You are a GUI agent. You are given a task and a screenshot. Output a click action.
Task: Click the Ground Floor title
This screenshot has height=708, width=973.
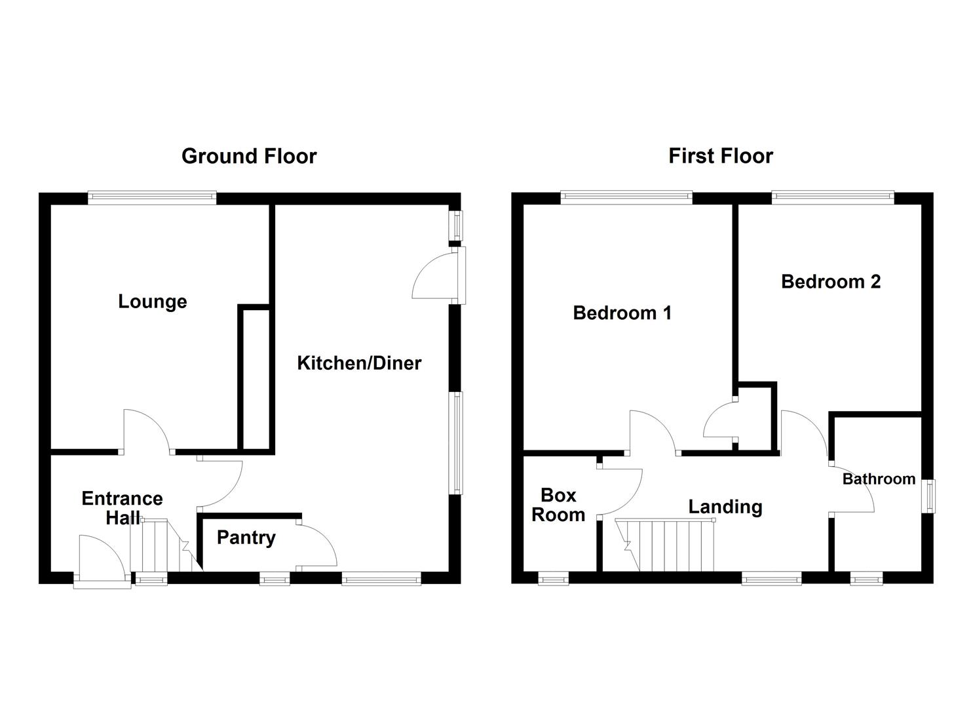(x=249, y=156)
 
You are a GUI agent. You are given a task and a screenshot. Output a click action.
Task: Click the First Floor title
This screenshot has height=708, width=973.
(x=720, y=156)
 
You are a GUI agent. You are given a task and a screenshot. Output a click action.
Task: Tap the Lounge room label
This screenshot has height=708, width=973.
(x=153, y=302)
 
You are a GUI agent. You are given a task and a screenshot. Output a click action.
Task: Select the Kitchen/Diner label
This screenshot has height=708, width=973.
(x=359, y=363)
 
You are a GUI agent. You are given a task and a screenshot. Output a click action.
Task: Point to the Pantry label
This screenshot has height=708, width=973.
(x=246, y=538)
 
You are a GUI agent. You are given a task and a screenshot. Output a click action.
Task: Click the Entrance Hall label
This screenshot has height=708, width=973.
(x=122, y=508)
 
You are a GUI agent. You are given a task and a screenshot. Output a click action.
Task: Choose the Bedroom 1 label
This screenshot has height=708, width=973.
(x=622, y=313)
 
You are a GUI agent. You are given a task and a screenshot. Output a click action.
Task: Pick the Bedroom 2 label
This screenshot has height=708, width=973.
(x=830, y=282)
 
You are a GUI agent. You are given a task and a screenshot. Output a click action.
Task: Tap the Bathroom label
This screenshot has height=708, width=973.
(x=879, y=479)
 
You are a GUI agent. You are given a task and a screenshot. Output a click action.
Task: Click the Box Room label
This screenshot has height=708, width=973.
(x=558, y=505)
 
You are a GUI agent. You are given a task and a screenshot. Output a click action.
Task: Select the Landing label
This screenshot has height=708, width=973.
(x=725, y=507)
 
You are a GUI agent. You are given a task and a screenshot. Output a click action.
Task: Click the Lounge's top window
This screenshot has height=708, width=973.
(x=152, y=197)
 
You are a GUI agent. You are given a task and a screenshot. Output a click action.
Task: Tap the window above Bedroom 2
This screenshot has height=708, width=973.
(x=832, y=197)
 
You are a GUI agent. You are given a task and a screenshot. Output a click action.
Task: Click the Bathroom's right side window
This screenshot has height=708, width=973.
(x=928, y=496)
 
